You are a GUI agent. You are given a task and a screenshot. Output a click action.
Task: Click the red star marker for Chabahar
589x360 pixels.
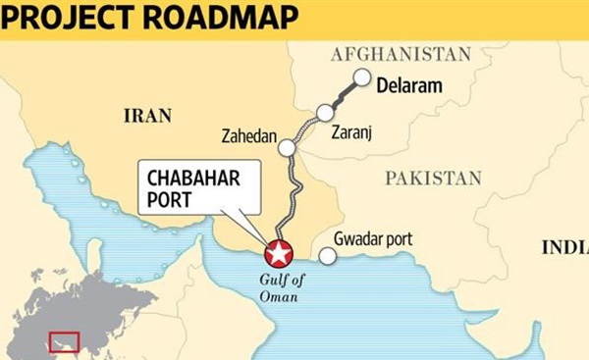coord(280,253)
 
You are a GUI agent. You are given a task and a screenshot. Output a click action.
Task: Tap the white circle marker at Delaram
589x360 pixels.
coord(362,77)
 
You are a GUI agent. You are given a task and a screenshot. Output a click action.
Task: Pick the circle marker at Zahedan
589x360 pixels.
coord(287,148)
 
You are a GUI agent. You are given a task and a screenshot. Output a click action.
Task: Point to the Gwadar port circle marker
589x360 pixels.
coord(328,256)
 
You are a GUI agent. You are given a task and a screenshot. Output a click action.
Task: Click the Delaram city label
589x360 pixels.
coord(410,86)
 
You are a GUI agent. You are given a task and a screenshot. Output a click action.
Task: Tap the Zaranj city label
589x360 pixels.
coord(352,129)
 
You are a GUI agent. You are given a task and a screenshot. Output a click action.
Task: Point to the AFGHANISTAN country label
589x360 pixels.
coord(402,53)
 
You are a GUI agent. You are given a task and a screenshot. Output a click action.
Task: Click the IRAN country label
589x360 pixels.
coord(148,116)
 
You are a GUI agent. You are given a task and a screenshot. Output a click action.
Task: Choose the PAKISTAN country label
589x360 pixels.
coord(433,179)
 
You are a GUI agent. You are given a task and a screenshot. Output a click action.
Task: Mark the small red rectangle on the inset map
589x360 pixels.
coord(65,341)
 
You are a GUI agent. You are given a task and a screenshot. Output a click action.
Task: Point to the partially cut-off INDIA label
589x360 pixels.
coord(564,247)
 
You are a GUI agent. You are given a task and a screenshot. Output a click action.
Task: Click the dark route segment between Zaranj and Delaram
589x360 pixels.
coord(345,93)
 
